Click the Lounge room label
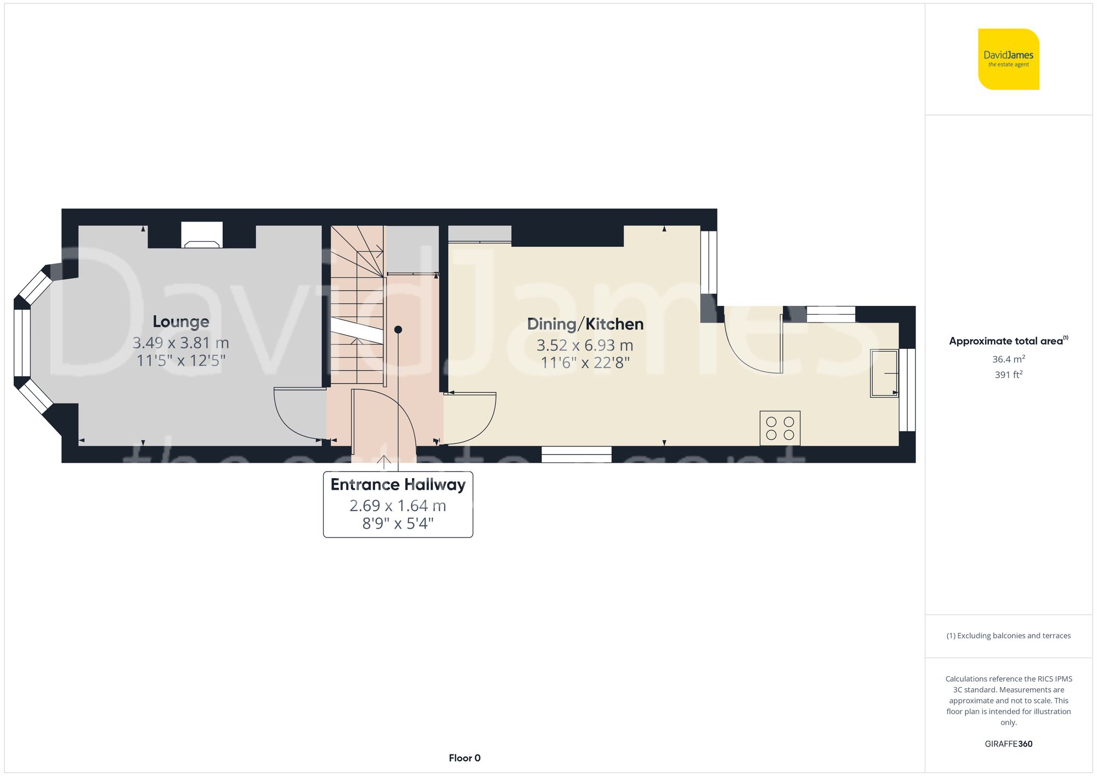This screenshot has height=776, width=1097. tap(180, 321)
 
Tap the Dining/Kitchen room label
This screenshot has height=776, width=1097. tap(585, 324)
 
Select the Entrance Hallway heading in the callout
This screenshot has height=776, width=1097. tap(398, 485)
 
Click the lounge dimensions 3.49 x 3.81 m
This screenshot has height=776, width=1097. tap(180, 343)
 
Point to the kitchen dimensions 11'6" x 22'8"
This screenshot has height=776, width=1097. tap(585, 362)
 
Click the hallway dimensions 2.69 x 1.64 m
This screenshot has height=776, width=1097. tap(398, 506)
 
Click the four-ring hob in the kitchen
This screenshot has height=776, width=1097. tap(779, 428)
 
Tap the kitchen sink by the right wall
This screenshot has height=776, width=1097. tap(884, 373)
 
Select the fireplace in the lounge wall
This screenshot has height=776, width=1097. tap(202, 235)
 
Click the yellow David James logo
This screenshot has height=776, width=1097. tap(1008, 59)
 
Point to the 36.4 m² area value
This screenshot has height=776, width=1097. tap(1008, 359)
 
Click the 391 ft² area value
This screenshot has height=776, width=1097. tap(1008, 375)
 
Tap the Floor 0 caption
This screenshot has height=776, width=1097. tap(464, 758)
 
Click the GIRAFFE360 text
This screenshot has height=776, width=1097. tap(1008, 744)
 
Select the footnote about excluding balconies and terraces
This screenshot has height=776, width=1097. tap(1008, 636)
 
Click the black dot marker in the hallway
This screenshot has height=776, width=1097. tap(398, 330)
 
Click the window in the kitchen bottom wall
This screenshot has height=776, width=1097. tap(576, 454)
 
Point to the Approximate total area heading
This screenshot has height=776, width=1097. tap(1008, 341)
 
